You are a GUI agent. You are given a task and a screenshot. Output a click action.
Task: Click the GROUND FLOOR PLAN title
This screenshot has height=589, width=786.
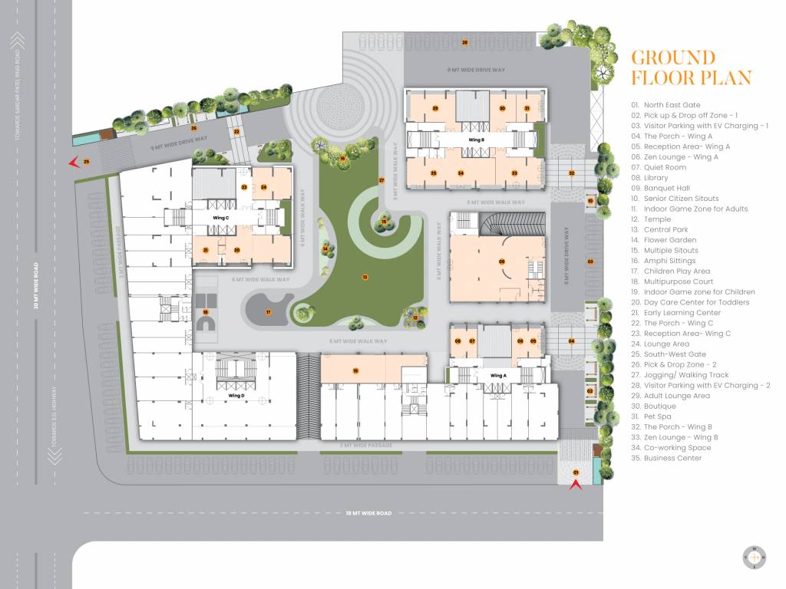coord(691,67)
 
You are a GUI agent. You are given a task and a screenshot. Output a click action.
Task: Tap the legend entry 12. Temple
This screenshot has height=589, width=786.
coord(650,219)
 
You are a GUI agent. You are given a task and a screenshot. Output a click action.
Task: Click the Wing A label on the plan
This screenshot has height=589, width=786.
coord(498,375)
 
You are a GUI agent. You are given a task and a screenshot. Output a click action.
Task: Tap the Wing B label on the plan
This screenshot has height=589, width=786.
coord(476,140)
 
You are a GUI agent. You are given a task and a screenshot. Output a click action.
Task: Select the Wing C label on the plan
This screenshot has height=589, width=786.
coord(221,218)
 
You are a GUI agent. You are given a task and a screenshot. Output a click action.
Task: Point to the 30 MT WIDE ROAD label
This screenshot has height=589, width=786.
coord(35,286)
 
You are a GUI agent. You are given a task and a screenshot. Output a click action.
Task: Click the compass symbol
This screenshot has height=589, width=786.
coord(754,558)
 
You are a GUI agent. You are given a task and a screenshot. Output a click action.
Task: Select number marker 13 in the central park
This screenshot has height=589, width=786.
coord(365,276)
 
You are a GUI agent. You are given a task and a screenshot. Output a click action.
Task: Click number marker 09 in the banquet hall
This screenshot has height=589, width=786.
coord(501,262)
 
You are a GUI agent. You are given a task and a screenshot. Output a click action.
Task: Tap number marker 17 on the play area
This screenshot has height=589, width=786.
coord(269,312)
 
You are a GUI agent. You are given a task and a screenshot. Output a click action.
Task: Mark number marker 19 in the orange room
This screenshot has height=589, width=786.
coord(355,370)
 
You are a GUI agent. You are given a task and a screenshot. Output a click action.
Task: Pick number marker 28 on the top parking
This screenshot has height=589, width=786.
coord(464,42)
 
